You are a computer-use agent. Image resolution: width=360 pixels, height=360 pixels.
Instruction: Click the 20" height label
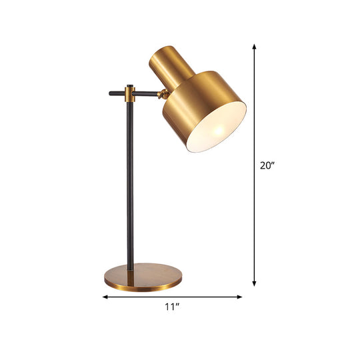click(x=267, y=167)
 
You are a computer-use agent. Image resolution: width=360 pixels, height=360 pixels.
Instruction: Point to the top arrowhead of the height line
click(x=254, y=47)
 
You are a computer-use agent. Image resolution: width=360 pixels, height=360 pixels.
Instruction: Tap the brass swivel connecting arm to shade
click(x=162, y=95)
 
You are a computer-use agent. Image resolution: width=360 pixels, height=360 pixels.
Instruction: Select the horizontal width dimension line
click(x=200, y=297)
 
